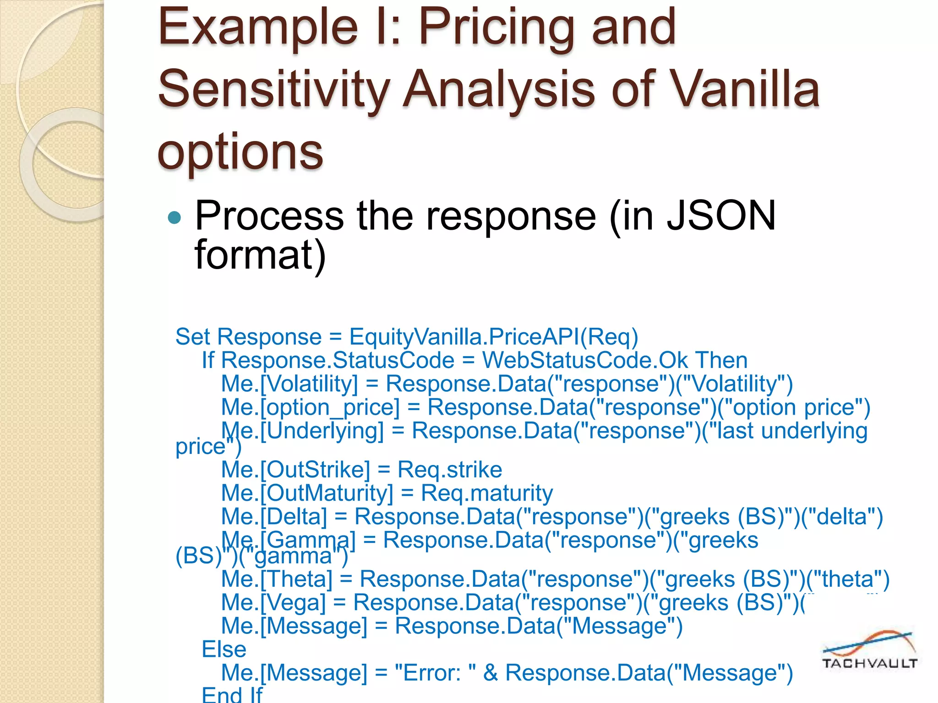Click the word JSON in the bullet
721,216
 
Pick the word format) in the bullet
260,255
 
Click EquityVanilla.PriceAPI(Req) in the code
493,337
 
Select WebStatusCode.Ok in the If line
585,361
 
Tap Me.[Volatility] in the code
289,384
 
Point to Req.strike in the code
449,470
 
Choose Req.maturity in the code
486,493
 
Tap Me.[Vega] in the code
273,603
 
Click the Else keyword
224,649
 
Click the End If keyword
232,695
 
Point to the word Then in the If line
721,361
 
